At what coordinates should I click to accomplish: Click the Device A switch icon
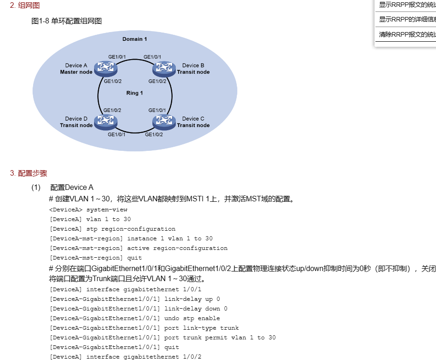tap(106, 68)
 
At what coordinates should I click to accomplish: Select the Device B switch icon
tap(164, 68)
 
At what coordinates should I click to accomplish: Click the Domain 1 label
tap(135, 39)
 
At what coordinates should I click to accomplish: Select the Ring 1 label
tap(135, 93)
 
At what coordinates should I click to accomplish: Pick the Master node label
tap(76, 72)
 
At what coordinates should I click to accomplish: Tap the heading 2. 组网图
tap(25, 6)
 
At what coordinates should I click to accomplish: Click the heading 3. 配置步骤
tap(28, 173)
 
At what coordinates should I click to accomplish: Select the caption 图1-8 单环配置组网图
tap(67, 21)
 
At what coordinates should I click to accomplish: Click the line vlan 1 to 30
tap(108, 219)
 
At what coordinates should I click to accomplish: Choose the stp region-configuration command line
tap(131, 229)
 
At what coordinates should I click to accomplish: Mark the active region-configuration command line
tap(177, 248)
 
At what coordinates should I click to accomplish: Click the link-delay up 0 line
tap(192, 299)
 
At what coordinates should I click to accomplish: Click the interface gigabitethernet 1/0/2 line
tap(144, 357)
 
